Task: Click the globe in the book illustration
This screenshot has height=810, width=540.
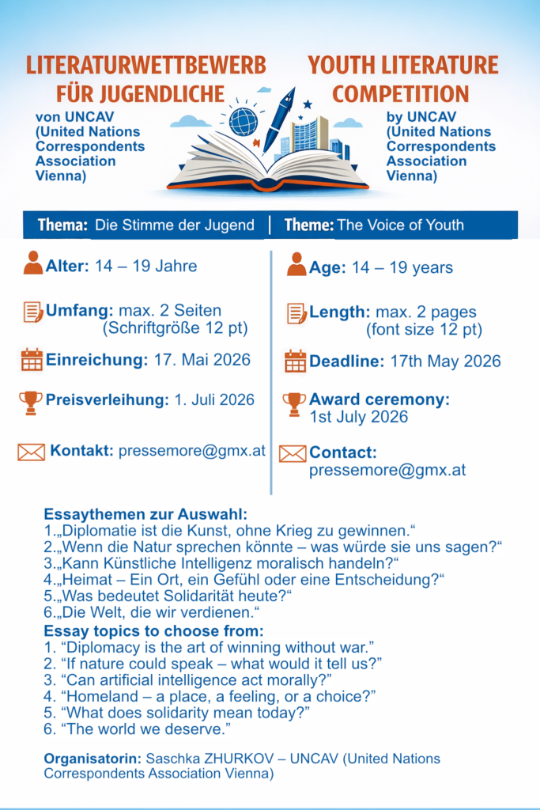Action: pos(243,121)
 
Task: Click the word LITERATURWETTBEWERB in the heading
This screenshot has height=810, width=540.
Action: pos(145,65)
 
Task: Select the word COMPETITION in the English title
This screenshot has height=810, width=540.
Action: pos(400,94)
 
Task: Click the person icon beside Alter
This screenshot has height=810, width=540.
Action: pos(33,263)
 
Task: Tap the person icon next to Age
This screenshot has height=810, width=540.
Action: pos(296,265)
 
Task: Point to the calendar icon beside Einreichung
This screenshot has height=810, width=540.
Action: pos(32,360)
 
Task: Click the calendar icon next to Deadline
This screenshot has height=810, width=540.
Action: pos(296,361)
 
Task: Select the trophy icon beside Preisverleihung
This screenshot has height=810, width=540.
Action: pos(31,402)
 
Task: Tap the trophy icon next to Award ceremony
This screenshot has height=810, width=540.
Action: pos(294,403)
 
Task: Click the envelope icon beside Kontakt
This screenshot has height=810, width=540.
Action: pos(32,452)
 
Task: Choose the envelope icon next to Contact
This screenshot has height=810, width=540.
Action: pos(293,453)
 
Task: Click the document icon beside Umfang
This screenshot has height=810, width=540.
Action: pos(33,312)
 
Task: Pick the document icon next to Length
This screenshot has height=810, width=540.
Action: pos(296,313)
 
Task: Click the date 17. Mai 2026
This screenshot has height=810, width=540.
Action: pos(202,360)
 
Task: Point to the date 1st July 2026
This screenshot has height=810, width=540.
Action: pos(358,417)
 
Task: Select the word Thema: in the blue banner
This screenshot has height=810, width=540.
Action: pos(62,225)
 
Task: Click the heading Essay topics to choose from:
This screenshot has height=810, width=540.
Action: pos(153,631)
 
